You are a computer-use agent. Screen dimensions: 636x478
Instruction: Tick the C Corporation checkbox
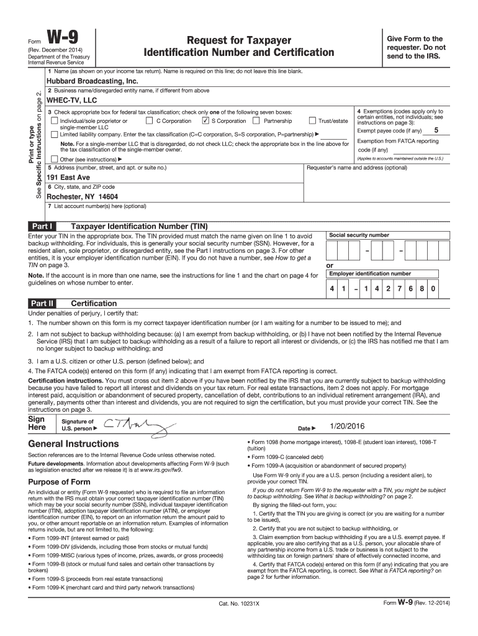tap(149, 121)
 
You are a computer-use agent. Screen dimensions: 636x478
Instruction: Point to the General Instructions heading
tap(73, 443)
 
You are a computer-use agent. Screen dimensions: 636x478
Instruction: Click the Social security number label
tap(359, 235)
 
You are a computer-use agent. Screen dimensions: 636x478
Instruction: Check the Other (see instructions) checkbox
tap(54, 159)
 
